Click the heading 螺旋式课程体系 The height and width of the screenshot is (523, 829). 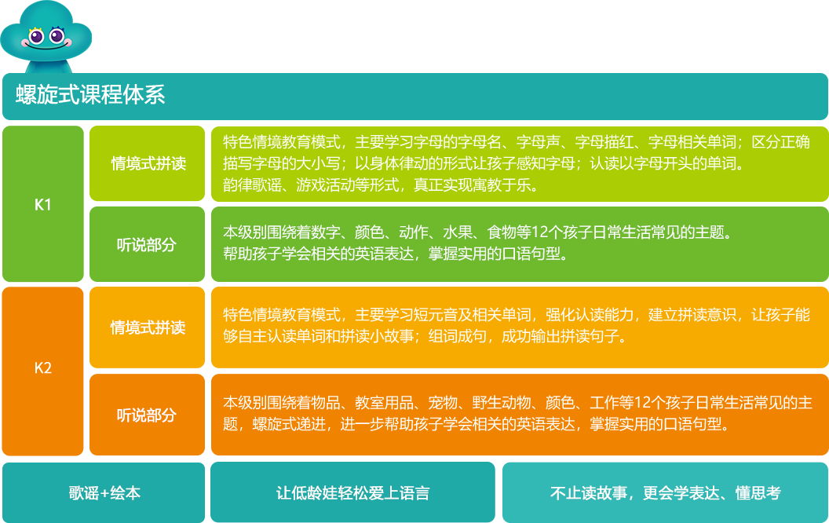point(90,96)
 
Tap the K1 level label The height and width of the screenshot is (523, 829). point(43,205)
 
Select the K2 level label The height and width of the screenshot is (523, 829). point(43,368)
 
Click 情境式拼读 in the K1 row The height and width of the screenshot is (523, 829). point(148,163)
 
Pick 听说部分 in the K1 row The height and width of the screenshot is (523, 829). point(147,244)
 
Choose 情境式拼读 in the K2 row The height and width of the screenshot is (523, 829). point(148,327)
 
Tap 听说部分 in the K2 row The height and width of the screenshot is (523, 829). point(147,415)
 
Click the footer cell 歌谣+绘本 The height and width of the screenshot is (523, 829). point(104,493)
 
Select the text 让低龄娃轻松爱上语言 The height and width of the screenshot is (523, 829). point(352,493)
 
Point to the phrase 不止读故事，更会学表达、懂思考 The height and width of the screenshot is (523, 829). point(665,493)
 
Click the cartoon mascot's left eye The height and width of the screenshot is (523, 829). point(35,36)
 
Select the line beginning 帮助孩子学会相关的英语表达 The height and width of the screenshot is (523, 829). point(395,254)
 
